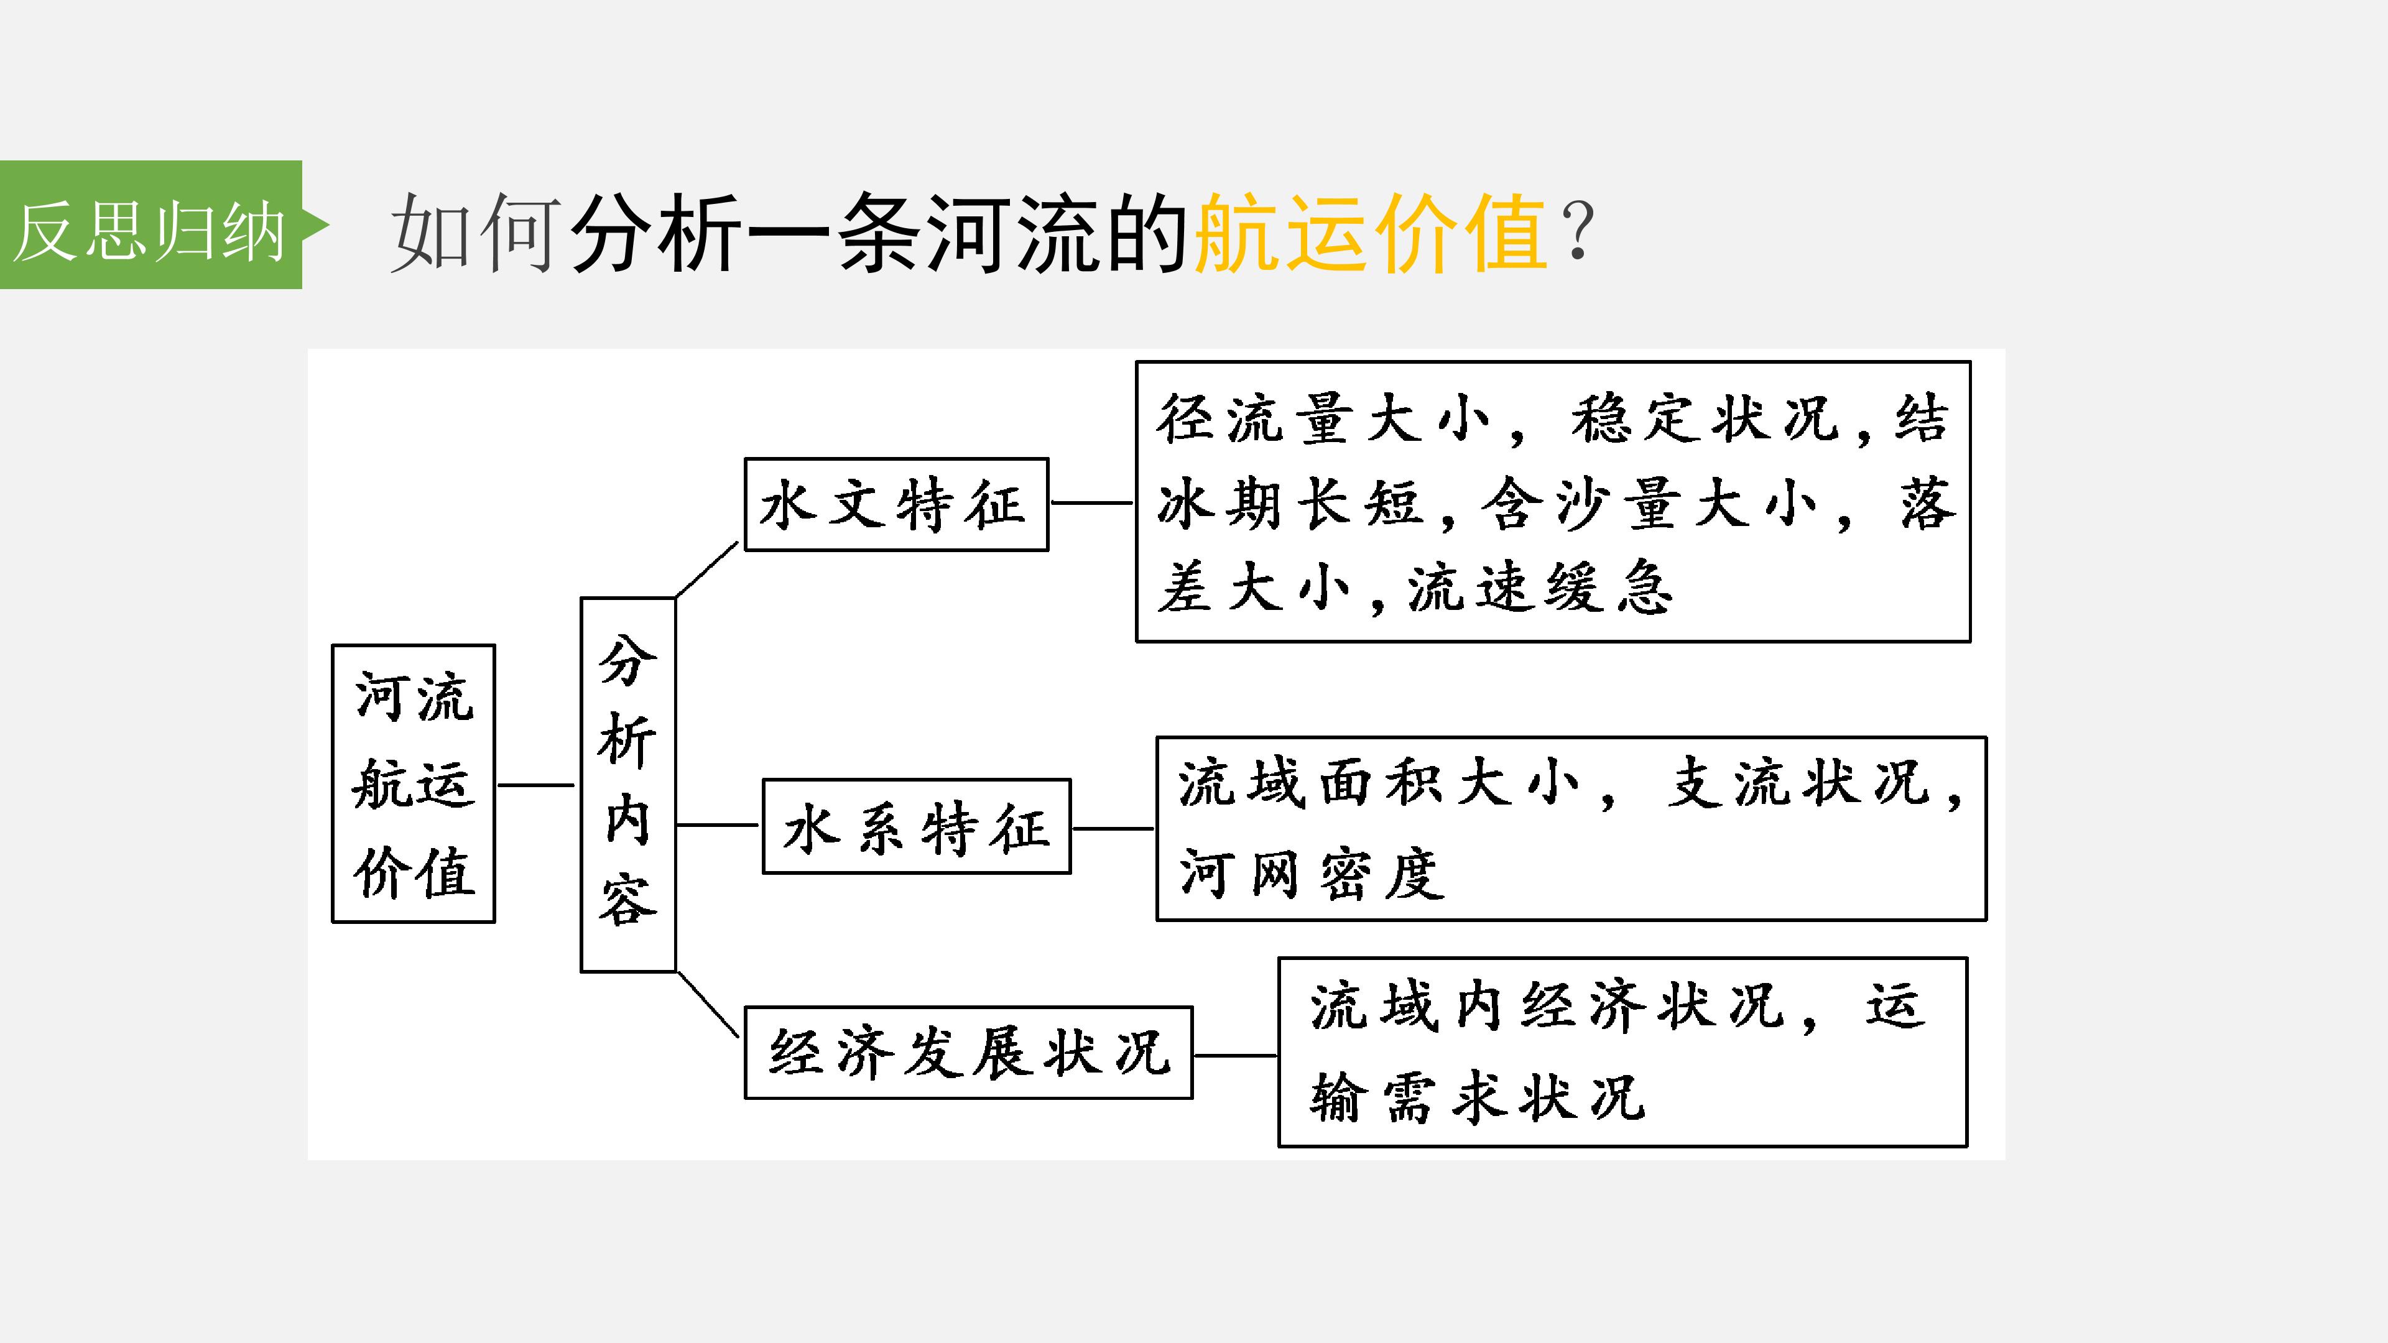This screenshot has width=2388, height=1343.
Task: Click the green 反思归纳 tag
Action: click(151, 224)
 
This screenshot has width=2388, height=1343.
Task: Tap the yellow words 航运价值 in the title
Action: click(1370, 233)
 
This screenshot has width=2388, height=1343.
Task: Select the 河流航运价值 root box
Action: click(414, 783)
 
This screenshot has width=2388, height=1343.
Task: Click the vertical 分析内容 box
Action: click(627, 784)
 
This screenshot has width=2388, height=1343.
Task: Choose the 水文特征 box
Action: click(896, 504)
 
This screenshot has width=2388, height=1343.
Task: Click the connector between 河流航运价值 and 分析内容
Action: click(537, 785)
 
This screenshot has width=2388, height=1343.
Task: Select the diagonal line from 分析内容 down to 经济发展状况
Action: click(708, 1005)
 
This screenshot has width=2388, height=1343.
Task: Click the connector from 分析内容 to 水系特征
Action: click(718, 824)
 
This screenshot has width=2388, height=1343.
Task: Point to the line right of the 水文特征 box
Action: click(1092, 503)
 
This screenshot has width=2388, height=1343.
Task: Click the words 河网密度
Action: click(1312, 873)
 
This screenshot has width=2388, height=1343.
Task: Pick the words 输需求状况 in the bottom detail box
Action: click(1478, 1097)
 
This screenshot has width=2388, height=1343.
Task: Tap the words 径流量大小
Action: click(1324, 418)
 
